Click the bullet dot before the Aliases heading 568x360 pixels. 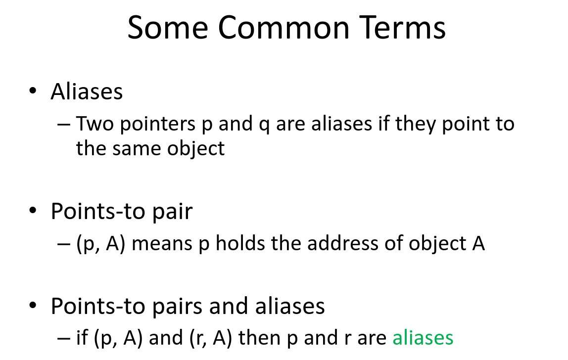(x=33, y=92)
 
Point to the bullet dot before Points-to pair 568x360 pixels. (x=33, y=212)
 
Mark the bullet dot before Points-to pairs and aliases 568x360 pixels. (x=33, y=306)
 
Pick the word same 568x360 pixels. (x=134, y=148)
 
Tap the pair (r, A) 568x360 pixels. (x=210, y=338)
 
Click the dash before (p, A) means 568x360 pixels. (x=64, y=244)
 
